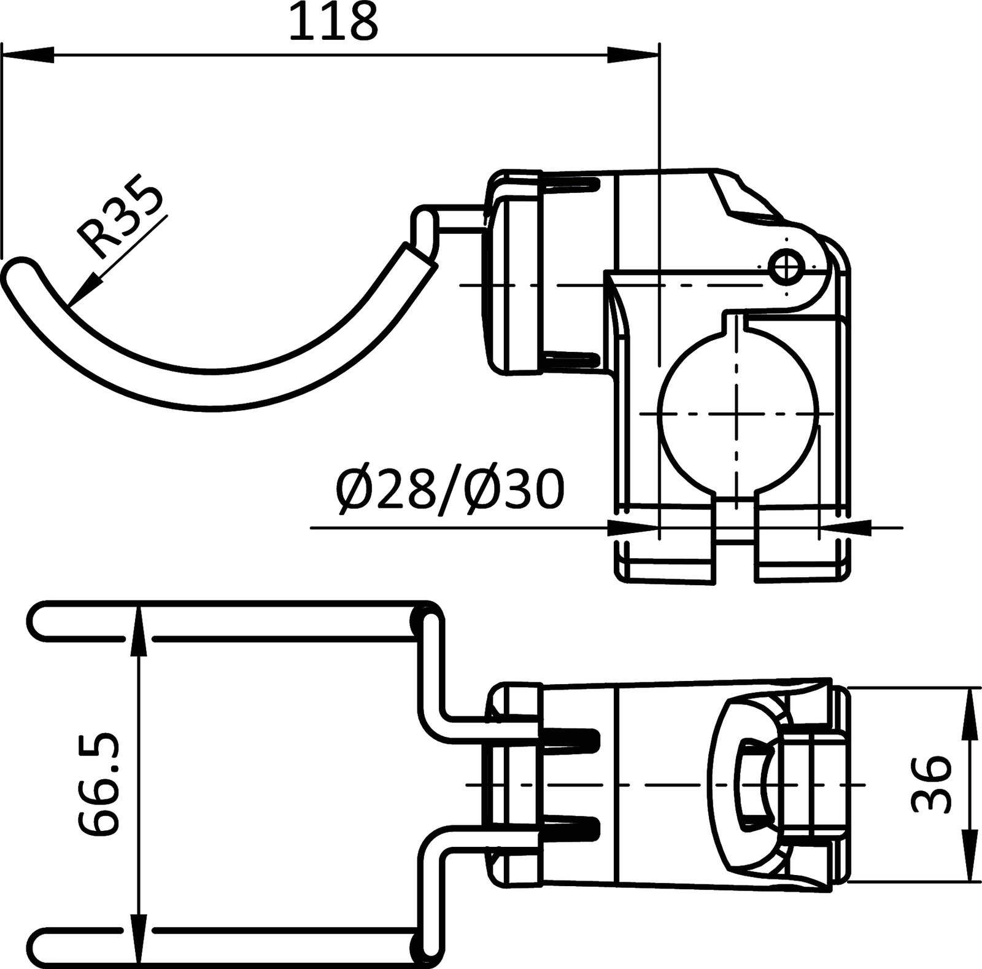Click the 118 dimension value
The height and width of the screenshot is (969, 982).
[x=333, y=23]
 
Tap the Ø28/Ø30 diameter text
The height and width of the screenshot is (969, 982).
[x=449, y=489]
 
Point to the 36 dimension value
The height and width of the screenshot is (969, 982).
[x=931, y=785]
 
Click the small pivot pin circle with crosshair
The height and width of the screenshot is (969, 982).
[x=787, y=265]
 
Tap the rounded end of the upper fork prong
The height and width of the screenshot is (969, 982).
[x=40, y=620]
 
